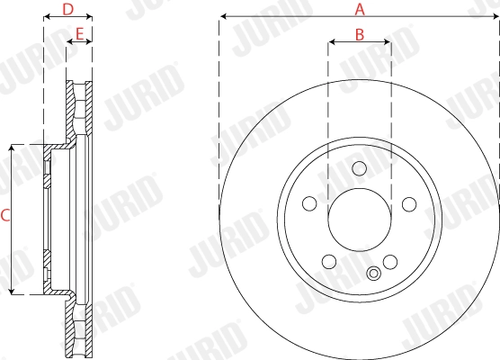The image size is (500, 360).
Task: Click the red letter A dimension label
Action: click(360, 10)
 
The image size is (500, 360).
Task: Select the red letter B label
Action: click(359, 35)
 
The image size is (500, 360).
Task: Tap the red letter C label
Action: click(5, 216)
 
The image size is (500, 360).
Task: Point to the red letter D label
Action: click(67, 11)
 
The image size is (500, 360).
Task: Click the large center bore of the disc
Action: click(360, 221)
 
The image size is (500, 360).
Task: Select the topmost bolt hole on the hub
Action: click(360, 168)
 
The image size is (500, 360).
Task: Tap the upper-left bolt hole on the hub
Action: click(309, 204)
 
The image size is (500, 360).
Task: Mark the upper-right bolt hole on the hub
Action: click(409, 204)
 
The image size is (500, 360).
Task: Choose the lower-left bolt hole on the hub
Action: click(328, 263)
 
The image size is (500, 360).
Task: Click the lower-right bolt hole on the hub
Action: click(390, 263)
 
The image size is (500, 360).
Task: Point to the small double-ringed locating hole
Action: click(373, 275)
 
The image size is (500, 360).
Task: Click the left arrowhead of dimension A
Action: click(222, 16)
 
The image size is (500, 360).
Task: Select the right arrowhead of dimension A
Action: click(496, 16)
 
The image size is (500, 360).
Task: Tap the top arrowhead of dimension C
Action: click(12, 148)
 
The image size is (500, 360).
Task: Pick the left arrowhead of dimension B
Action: click(332, 41)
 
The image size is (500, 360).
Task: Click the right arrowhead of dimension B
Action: click(387, 41)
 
